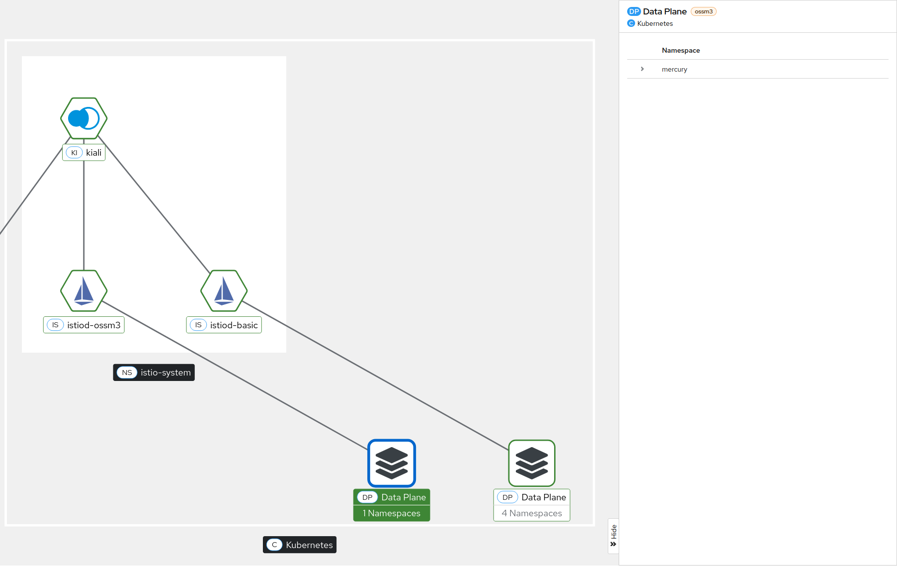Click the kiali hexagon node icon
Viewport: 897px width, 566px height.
pyautogui.click(x=84, y=118)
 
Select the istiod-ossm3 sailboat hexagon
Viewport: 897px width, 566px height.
pyautogui.click(x=84, y=291)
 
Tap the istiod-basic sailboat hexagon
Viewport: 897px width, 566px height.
pyautogui.click(x=224, y=291)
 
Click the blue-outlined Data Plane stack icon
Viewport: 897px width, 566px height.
pyautogui.click(x=392, y=463)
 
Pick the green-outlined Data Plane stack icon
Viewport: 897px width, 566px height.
pyautogui.click(x=532, y=463)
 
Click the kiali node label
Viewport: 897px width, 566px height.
pyautogui.click(x=84, y=153)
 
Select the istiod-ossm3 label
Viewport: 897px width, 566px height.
pyautogui.click(x=84, y=325)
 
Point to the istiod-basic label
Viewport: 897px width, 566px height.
pyautogui.click(x=224, y=325)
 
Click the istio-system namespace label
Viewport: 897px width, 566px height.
pyautogui.click(x=154, y=373)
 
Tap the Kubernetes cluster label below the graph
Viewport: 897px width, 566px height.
pyautogui.click(x=300, y=545)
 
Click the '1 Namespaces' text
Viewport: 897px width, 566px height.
pyautogui.click(x=392, y=513)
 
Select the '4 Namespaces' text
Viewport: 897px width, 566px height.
pyautogui.click(x=532, y=513)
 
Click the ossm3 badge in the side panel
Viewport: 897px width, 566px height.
pyautogui.click(x=703, y=11)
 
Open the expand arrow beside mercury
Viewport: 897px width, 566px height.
pyautogui.click(x=642, y=69)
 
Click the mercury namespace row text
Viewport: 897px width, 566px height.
pyautogui.click(x=674, y=70)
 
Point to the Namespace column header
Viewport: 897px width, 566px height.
pyautogui.click(x=681, y=50)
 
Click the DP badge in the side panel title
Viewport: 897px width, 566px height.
pyautogui.click(x=634, y=11)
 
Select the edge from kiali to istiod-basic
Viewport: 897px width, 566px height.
pyautogui.click(x=154, y=204)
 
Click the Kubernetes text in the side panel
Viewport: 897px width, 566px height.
pyautogui.click(x=655, y=23)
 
